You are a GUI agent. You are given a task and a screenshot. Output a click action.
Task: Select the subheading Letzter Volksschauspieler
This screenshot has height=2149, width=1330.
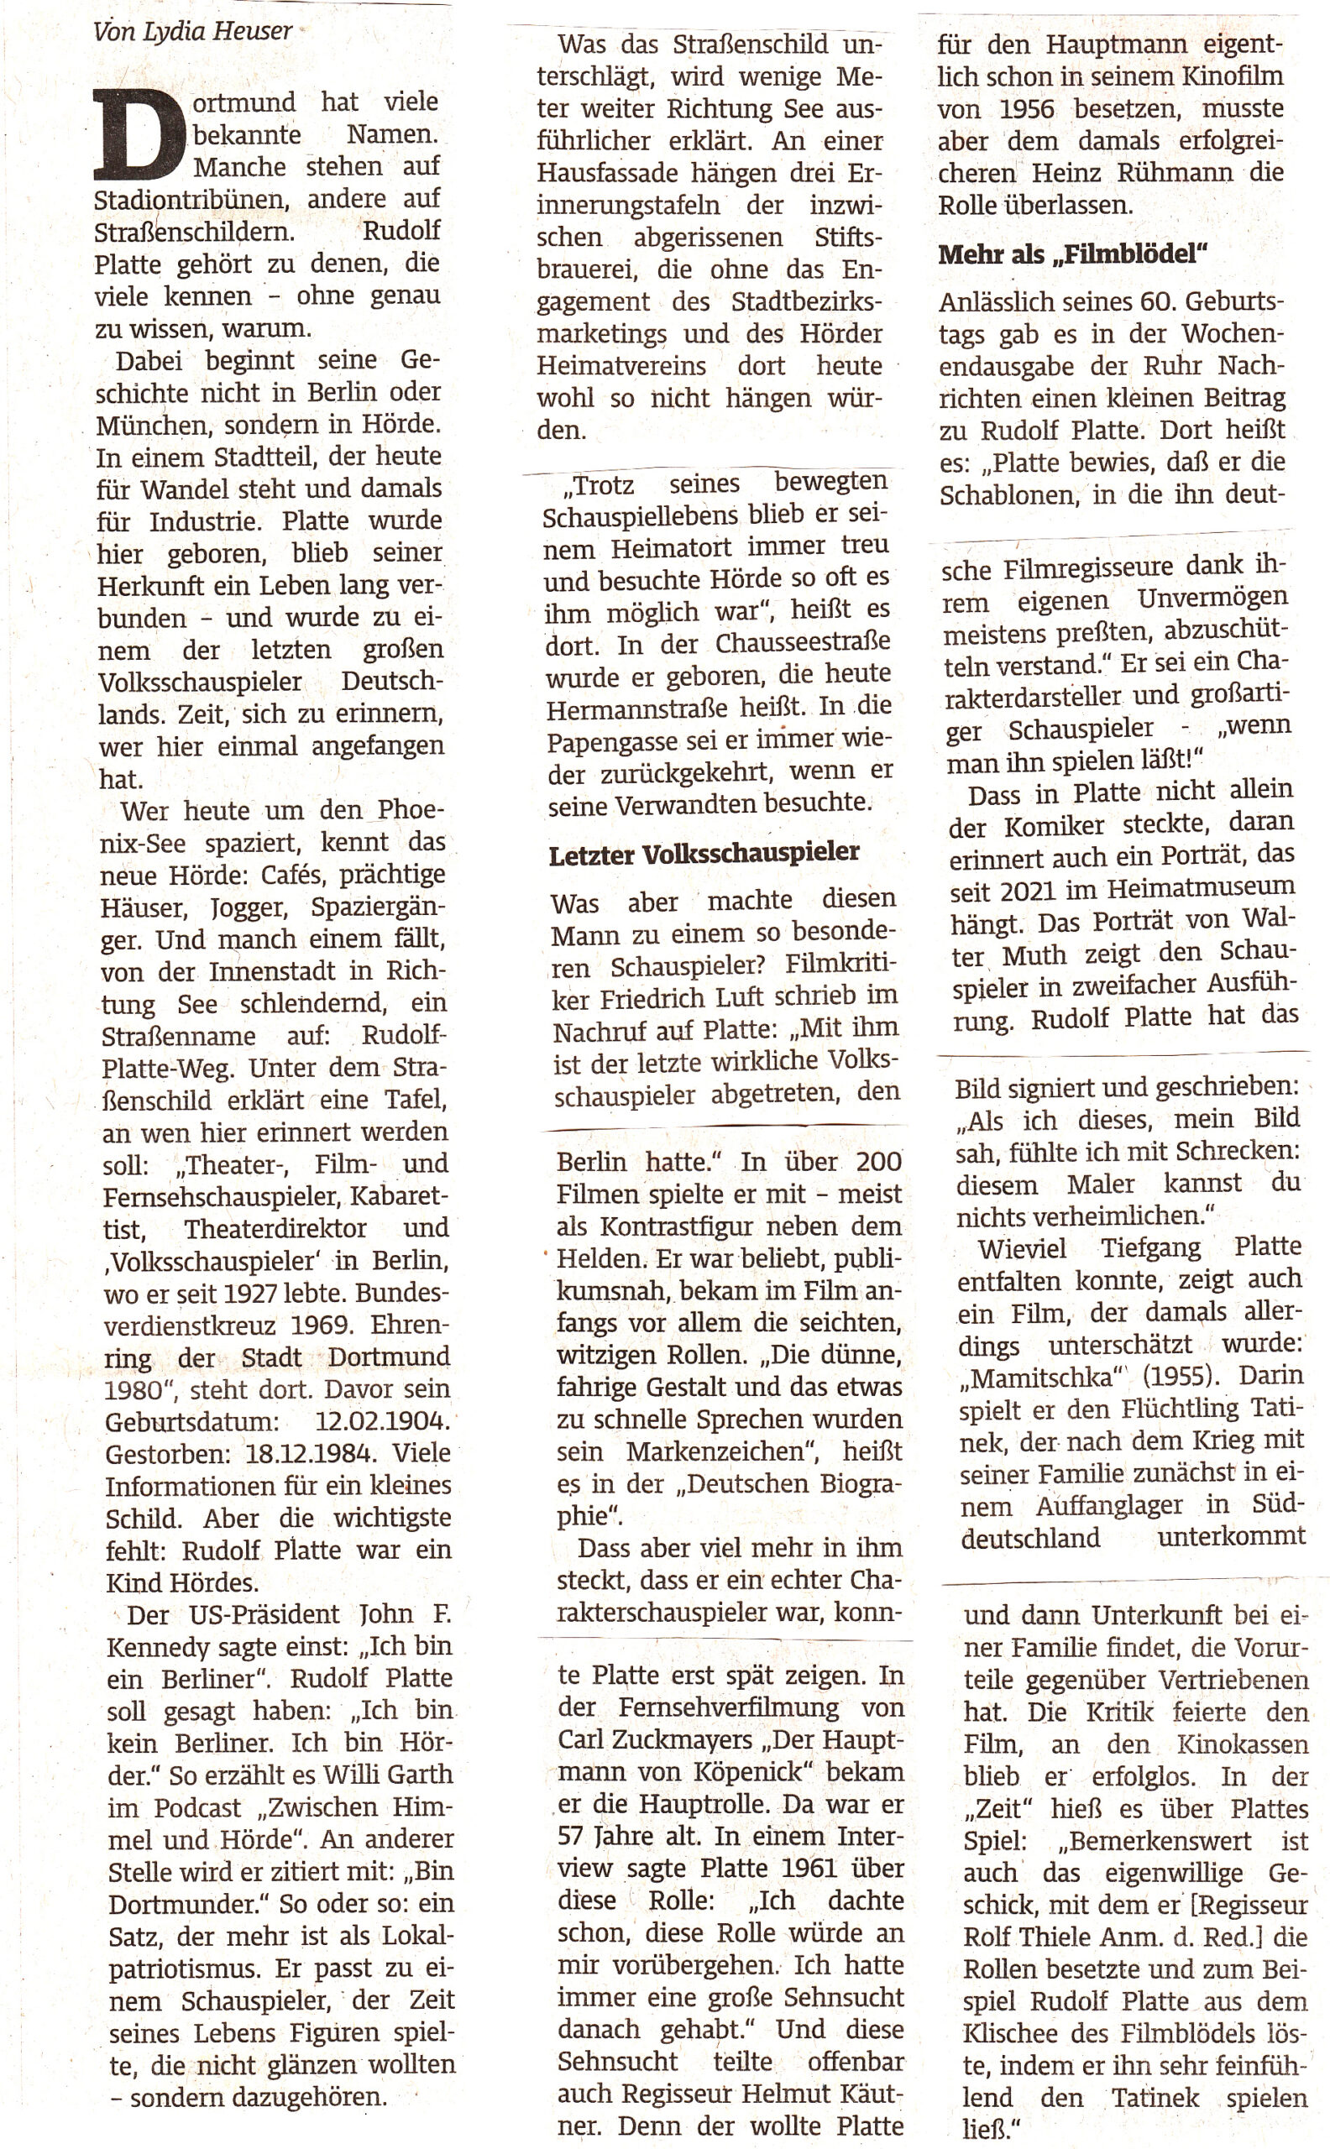(704, 854)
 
